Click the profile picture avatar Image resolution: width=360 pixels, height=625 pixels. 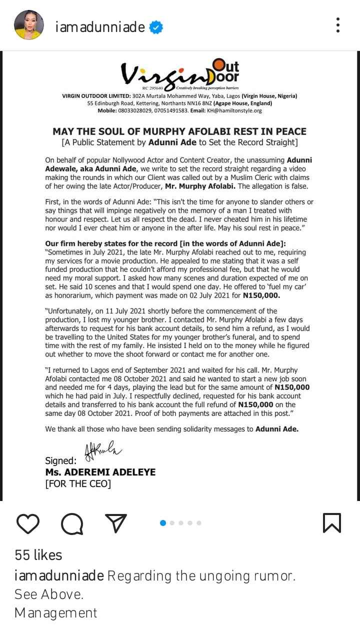click(x=27, y=24)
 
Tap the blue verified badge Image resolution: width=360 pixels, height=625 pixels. click(x=156, y=27)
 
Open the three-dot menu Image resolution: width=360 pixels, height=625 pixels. click(x=338, y=24)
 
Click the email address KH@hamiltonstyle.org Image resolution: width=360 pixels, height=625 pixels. click(x=234, y=110)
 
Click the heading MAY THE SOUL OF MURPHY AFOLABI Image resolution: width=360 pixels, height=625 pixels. click(x=179, y=131)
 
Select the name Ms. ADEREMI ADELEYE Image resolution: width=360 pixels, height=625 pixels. click(x=100, y=472)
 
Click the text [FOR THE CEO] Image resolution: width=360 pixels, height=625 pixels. click(x=78, y=483)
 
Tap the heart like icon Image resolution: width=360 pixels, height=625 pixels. click(x=28, y=523)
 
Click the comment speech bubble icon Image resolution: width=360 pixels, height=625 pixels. click(x=72, y=523)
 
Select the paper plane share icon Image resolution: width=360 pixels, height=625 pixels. click(x=116, y=522)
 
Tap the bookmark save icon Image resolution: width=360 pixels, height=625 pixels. click(x=332, y=523)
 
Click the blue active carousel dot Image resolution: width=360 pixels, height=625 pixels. click(x=162, y=523)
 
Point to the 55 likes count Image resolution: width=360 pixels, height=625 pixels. click(x=38, y=555)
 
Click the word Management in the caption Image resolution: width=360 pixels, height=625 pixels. click(x=55, y=612)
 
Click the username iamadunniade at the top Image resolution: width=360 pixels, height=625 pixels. click(x=100, y=27)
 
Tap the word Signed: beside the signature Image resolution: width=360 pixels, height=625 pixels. click(x=61, y=460)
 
